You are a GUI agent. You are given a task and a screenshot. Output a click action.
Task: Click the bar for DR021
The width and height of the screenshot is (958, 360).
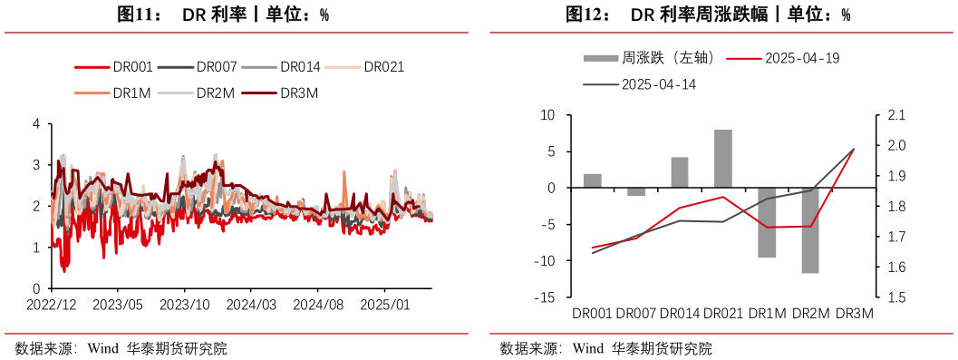722,159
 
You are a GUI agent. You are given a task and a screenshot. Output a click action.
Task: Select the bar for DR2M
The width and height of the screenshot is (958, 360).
810,230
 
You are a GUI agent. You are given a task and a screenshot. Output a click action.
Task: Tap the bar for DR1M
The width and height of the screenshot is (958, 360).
767,222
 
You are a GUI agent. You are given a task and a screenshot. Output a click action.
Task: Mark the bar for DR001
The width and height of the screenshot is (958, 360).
593,180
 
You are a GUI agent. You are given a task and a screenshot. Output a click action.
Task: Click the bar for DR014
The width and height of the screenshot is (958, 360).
680,172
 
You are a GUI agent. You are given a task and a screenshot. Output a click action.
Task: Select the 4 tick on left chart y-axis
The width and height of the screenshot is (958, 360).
36,123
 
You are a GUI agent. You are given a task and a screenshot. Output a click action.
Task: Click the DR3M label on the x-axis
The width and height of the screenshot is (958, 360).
853,314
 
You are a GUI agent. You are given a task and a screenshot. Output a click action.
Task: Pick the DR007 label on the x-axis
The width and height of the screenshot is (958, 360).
636,314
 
